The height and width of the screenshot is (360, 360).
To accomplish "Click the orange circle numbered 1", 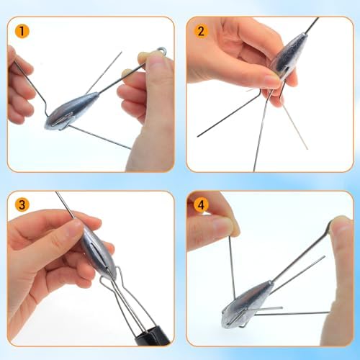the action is [22, 31].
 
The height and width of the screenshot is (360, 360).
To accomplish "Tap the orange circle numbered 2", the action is [201, 31].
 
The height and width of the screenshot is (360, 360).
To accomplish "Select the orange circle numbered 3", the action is [22, 204].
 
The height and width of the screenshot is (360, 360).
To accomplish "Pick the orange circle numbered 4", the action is [201, 204].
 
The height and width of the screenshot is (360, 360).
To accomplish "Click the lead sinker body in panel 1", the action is [71, 111].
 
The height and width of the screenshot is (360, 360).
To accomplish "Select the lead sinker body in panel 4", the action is [246, 302].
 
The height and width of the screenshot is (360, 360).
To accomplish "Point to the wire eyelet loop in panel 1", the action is [161, 50].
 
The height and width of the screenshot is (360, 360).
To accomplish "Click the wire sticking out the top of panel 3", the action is [64, 204].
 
